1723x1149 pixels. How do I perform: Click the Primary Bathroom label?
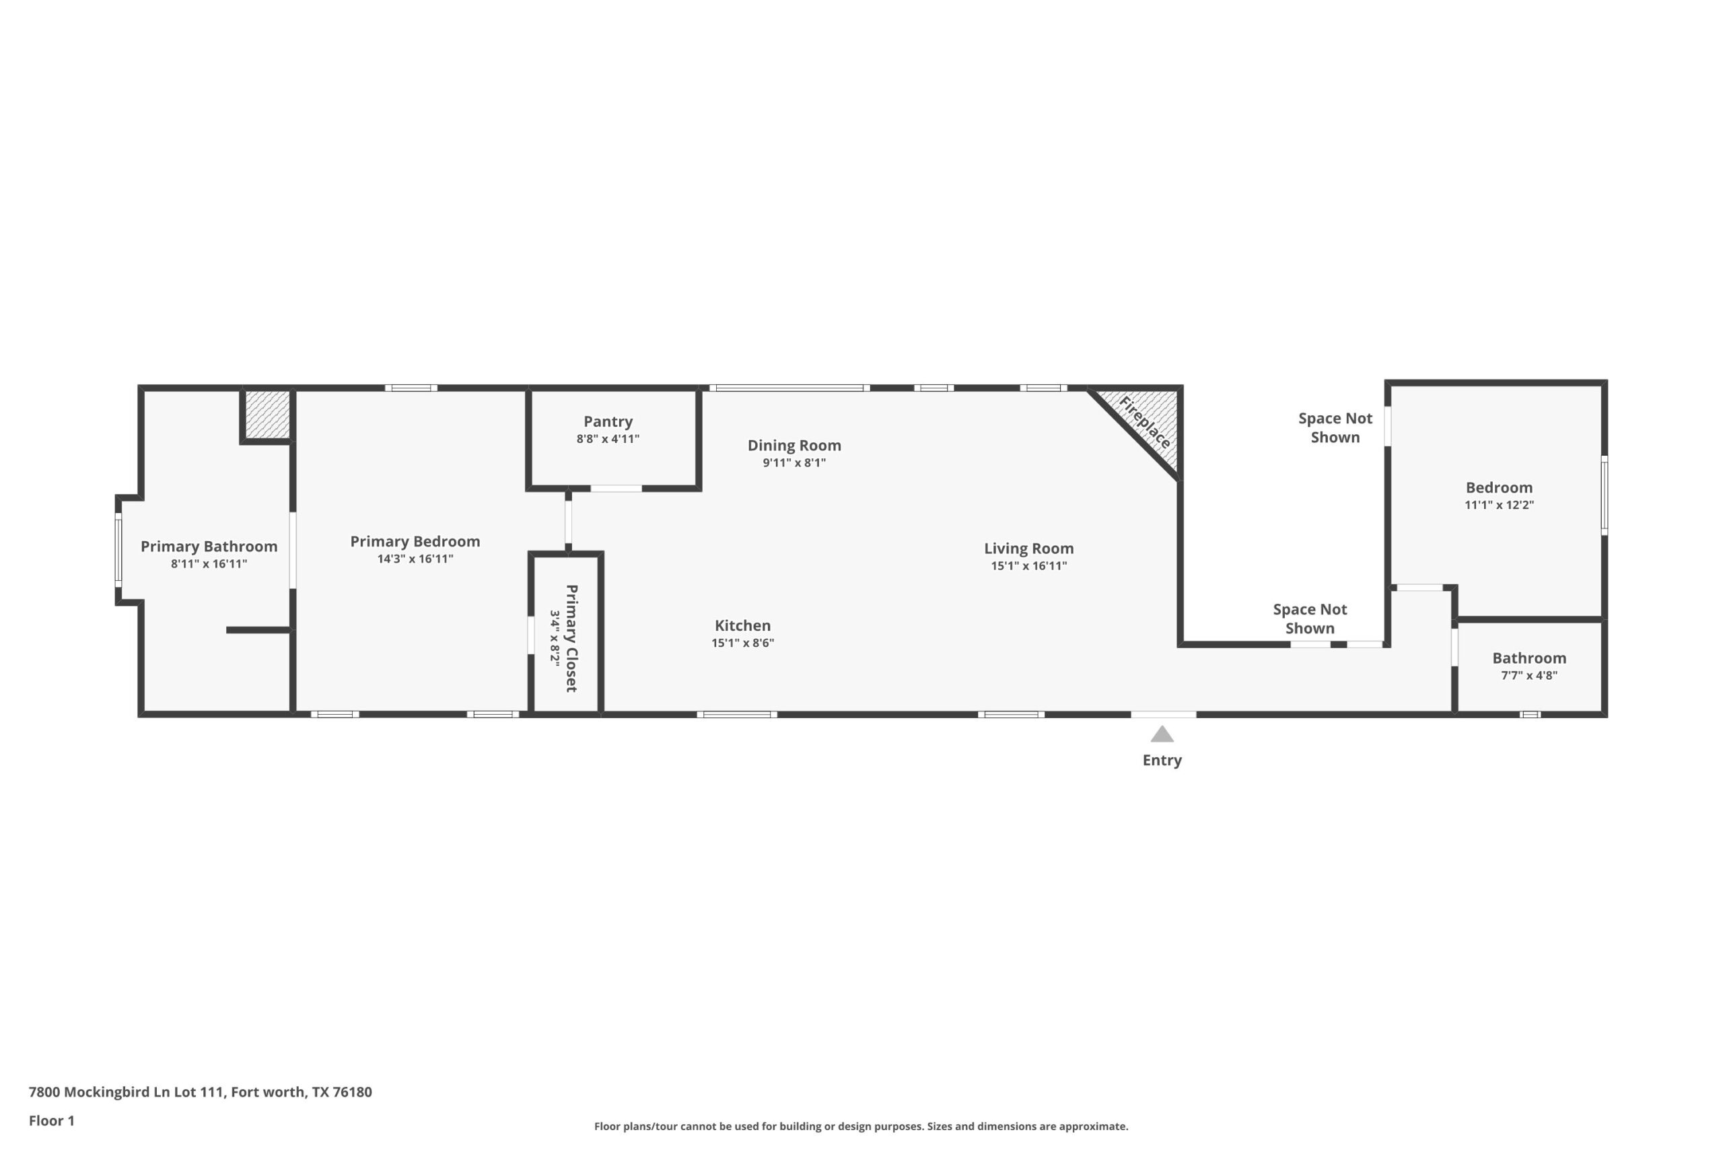tap(209, 547)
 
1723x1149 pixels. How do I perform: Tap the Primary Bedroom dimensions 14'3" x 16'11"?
tap(415, 559)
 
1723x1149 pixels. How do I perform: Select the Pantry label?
tap(607, 421)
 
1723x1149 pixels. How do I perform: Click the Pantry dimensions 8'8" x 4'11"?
tap(607, 439)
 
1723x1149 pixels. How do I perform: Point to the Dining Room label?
tap(794, 446)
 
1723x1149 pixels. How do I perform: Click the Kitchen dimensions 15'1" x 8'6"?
tap(742, 643)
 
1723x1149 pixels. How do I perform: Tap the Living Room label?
tap(1028, 548)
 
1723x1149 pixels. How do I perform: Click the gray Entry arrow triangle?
tap(1162, 734)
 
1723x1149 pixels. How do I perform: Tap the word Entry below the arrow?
tap(1162, 760)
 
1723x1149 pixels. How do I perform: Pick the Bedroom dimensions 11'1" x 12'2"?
tap(1498, 505)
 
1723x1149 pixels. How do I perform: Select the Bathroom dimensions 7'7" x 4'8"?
tap(1529, 676)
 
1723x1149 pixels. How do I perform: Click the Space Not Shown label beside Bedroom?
tap(1335, 428)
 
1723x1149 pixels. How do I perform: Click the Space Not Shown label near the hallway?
tap(1309, 619)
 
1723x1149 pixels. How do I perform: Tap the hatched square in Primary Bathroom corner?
tap(267, 414)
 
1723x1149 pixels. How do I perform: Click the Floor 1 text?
tap(51, 1121)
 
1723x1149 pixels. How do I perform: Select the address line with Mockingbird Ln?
tap(200, 1092)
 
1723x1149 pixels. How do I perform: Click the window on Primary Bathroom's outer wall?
tap(118, 549)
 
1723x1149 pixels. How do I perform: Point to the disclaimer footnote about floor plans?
tap(861, 1126)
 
